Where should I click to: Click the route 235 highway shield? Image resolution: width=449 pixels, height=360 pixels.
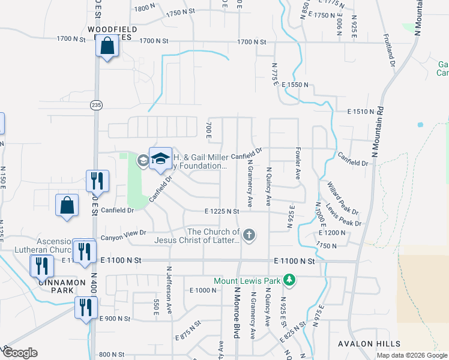click(x=97, y=105)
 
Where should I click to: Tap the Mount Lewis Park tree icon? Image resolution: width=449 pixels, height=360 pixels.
click(x=289, y=280)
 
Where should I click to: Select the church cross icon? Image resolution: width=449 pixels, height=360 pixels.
click(x=249, y=235)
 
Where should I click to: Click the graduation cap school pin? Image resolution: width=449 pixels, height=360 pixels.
click(x=160, y=158)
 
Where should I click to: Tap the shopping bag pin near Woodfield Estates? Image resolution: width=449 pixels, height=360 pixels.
click(x=107, y=46)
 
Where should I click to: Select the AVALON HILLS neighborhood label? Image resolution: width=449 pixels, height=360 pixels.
click(x=369, y=344)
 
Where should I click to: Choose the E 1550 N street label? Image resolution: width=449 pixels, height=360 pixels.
click(x=294, y=85)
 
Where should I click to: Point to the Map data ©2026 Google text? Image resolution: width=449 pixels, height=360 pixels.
click(x=411, y=355)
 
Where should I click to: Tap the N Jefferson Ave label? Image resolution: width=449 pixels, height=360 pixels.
click(x=170, y=285)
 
